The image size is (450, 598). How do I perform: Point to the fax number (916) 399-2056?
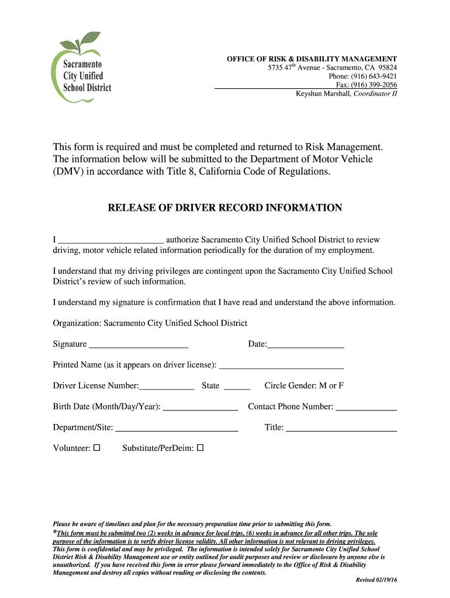coord(378,85)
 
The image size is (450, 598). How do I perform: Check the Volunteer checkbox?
coord(97,448)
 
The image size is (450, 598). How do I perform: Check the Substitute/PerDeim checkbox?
coord(200,448)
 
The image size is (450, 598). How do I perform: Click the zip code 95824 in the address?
coord(387,68)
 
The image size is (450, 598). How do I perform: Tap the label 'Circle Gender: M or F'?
coord(304,386)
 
